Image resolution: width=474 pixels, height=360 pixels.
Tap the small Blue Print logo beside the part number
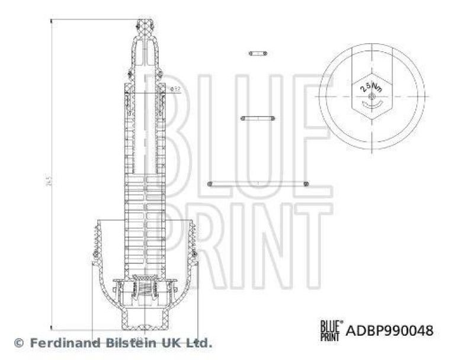coord(330,329)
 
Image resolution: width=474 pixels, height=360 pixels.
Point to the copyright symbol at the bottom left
coord(18,342)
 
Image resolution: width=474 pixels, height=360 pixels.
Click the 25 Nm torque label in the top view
coord(370,88)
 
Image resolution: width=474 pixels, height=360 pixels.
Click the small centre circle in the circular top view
coord(371,97)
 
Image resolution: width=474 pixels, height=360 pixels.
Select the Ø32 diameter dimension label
coord(175,89)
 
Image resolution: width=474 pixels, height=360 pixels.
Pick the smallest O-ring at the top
coord(257,53)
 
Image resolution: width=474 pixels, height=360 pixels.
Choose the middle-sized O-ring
coord(257,118)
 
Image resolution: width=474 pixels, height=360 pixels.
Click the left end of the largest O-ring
coord(210,184)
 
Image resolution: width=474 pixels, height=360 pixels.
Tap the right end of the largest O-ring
coord(306,184)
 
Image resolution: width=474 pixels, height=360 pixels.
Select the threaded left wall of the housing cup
coord(96,243)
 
